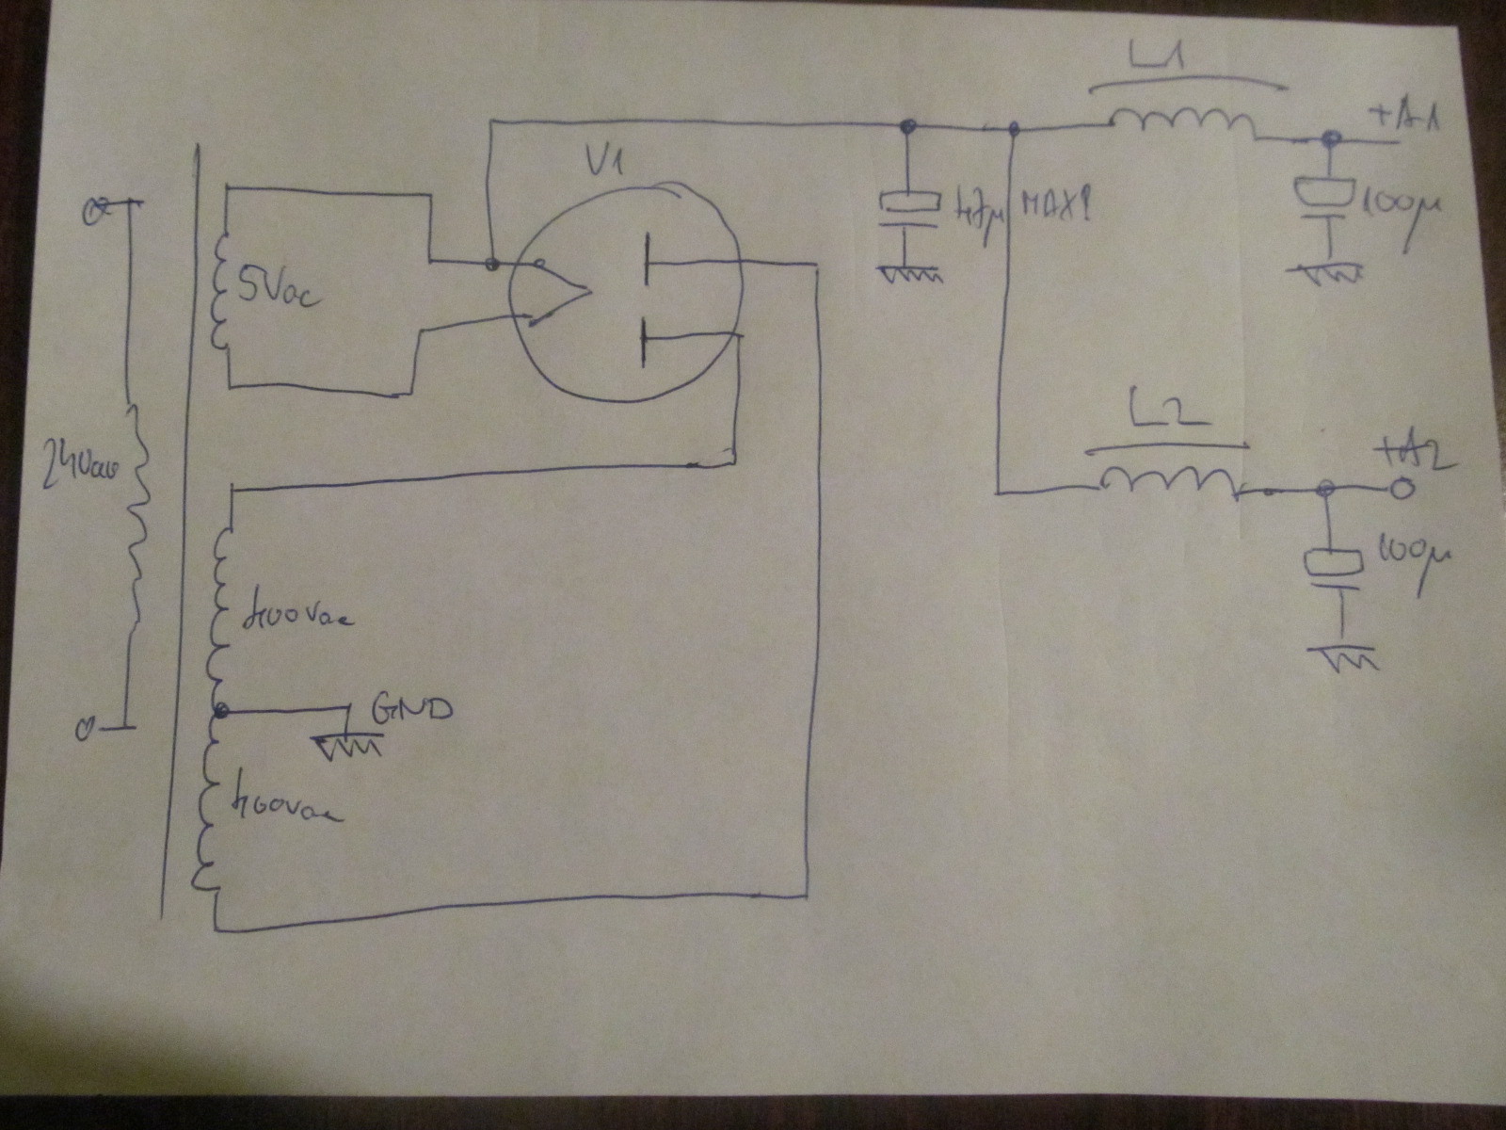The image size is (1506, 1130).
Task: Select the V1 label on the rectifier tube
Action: [603, 163]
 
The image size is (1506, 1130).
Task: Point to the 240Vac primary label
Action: [79, 471]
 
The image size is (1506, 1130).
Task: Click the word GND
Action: [412, 708]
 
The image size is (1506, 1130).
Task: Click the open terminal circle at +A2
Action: [1401, 489]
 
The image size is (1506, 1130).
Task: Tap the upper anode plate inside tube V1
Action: [646, 261]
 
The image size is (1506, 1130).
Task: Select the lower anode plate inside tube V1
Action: [644, 341]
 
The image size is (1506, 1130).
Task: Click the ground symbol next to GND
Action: [346, 746]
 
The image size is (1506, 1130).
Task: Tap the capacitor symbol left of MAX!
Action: [907, 212]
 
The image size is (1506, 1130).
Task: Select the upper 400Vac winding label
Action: [297, 617]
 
